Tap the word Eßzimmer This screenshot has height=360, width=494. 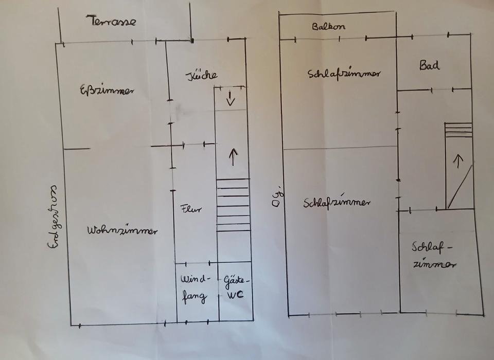tap(107, 91)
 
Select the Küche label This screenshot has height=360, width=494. tap(201, 75)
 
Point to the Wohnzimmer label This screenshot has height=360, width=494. tap(122, 230)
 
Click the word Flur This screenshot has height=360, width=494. tap(191, 209)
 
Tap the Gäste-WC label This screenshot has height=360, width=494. tap(236, 288)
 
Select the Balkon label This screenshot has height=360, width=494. tap(328, 27)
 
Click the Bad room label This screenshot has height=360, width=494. tap(429, 65)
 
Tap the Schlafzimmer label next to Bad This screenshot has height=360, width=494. tap(344, 74)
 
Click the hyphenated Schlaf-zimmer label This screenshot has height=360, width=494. tap(433, 256)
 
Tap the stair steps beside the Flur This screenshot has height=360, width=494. tap(233, 205)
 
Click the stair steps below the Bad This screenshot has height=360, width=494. tap(458, 130)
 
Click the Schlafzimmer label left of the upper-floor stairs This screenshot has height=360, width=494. tap(337, 202)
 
